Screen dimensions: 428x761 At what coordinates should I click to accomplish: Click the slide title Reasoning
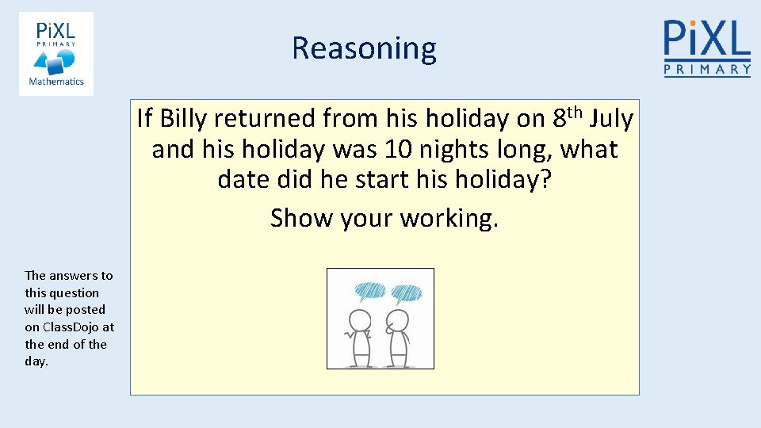coord(364,48)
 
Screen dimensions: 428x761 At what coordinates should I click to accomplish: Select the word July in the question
coord(612,119)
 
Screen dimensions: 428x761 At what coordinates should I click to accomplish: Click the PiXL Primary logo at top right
coord(706,48)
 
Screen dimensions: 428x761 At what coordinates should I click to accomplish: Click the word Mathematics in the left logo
coord(56,82)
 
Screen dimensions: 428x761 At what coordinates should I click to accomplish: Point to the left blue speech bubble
coord(369,292)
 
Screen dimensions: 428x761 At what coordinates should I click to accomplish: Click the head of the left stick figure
coord(361,320)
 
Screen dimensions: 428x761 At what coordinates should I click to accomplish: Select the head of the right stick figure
coord(398,320)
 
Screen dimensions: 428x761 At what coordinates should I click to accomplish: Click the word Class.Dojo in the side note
coord(70,327)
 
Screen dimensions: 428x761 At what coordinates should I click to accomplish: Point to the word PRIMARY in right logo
coord(706,70)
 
